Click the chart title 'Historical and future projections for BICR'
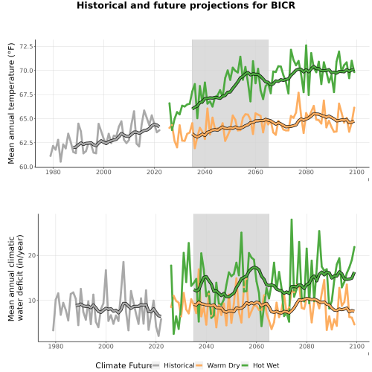pyautogui.click(x=186, y=5)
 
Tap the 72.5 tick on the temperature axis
pyautogui.click(x=26, y=46)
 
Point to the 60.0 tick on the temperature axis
pyautogui.click(x=26, y=167)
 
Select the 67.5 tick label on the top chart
pyautogui.click(x=26, y=94)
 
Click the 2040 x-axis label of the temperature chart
pyautogui.click(x=205, y=172)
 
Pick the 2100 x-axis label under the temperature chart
pyautogui.click(x=356, y=172)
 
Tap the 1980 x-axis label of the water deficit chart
pyautogui.click(x=55, y=346)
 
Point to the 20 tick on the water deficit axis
pyautogui.click(x=31, y=255)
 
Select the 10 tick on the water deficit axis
pyautogui.click(x=31, y=301)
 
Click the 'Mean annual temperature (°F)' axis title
pyautogui.click(x=11, y=103)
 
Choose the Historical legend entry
pyautogui.click(x=173, y=365)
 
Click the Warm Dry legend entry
pyautogui.click(x=218, y=365)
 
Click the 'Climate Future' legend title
pyautogui.click(x=124, y=365)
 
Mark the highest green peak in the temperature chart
pyautogui.click(x=306, y=45)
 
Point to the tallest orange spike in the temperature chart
pyautogui.click(x=298, y=92)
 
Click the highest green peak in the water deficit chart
pyautogui.click(x=292, y=219)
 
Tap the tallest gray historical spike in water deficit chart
pyautogui.click(x=124, y=262)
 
